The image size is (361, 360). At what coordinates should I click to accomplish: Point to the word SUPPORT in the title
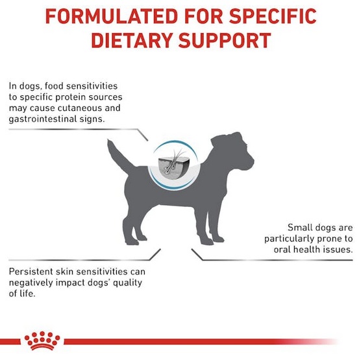coord(226,40)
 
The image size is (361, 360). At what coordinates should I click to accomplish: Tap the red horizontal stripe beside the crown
coord(195,342)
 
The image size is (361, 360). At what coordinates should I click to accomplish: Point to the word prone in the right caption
coord(323,238)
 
